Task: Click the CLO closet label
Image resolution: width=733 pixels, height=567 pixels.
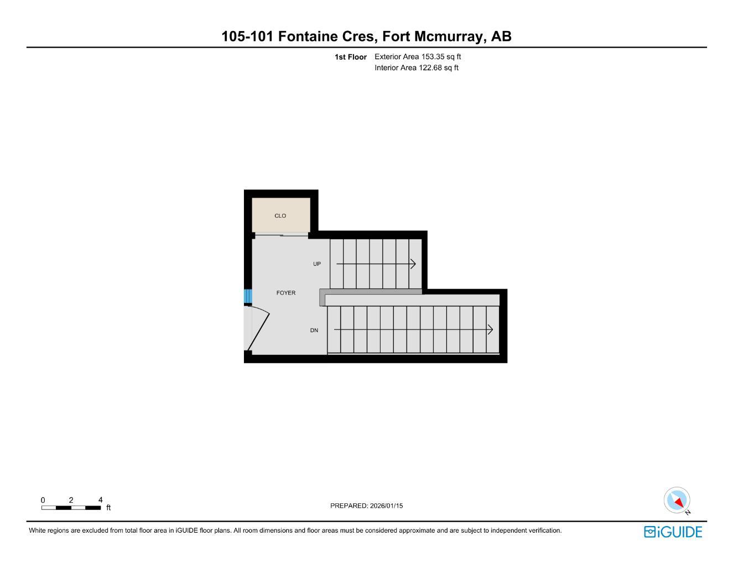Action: (x=280, y=216)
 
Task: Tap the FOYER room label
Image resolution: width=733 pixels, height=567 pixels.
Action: (x=286, y=293)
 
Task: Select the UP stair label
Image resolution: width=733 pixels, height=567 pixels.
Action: (x=317, y=264)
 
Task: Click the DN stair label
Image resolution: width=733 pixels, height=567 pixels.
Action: (x=314, y=331)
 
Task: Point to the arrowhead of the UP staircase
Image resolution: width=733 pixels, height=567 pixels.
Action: (x=413, y=264)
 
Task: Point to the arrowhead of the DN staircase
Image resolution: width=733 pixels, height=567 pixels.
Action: (x=490, y=330)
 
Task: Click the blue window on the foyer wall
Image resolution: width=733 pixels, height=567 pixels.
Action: (x=248, y=296)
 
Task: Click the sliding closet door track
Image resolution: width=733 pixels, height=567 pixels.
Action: (x=281, y=236)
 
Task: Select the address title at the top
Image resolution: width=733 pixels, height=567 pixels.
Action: (x=366, y=37)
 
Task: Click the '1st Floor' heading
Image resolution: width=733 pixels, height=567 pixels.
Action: (x=350, y=57)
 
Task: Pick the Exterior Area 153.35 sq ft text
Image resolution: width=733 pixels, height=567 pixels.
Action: (x=418, y=56)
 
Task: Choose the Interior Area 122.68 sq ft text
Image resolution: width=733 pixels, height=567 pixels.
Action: (x=417, y=68)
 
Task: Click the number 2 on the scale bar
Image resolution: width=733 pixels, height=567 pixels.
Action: (x=71, y=500)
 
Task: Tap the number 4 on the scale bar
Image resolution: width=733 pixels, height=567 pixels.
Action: (x=100, y=500)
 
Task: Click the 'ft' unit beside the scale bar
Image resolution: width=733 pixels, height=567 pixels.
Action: (x=108, y=508)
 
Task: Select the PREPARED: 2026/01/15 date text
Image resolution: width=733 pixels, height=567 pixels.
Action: (x=366, y=506)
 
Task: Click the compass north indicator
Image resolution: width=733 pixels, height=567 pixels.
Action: (x=677, y=501)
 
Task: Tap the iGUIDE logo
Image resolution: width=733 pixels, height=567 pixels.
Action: (x=673, y=532)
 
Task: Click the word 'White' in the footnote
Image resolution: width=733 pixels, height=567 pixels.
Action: (x=38, y=530)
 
